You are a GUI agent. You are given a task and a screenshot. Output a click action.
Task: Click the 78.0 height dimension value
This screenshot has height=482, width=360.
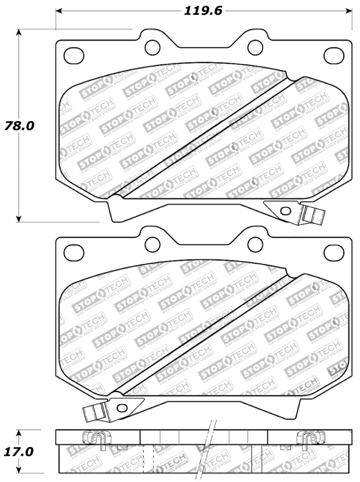pyautogui.click(x=19, y=126)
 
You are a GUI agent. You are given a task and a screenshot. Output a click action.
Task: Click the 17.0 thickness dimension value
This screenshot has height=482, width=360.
pyautogui.click(x=19, y=451)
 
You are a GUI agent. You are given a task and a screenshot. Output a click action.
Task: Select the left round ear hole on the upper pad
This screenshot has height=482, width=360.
pyautogui.click(x=153, y=46)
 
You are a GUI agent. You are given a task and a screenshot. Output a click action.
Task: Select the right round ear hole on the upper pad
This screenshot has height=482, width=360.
pyautogui.click(x=255, y=46)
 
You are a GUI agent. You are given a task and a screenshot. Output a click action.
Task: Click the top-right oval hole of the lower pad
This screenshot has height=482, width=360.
pyautogui.click(x=334, y=253)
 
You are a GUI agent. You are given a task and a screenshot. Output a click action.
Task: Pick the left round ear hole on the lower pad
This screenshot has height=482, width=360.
pyautogui.click(x=153, y=244)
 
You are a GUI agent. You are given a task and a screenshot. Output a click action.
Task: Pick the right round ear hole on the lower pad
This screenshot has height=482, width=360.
pyautogui.click(x=255, y=244)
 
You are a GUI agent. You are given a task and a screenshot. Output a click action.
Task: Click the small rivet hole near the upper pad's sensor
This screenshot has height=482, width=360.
pyautogui.click(x=284, y=210)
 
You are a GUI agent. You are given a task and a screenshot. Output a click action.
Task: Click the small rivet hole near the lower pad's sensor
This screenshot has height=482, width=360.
pyautogui.click(x=121, y=407)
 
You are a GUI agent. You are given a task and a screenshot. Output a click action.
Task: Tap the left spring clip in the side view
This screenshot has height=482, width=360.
pyautogui.click(x=94, y=439)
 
